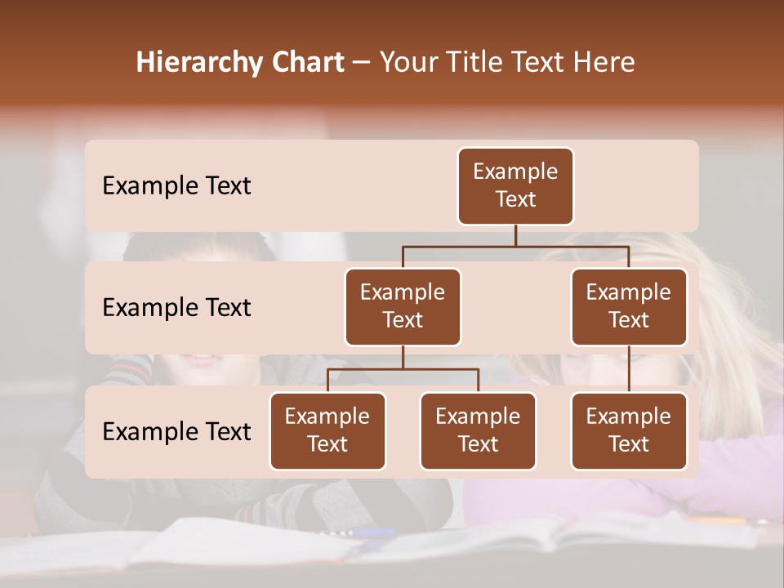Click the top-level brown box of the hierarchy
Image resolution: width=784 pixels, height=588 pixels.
pyautogui.click(x=515, y=186)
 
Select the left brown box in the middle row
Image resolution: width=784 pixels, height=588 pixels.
pyautogui.click(x=403, y=307)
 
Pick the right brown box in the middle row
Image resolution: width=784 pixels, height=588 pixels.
pyautogui.click(x=629, y=307)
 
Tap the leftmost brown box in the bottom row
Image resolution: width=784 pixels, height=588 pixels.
pyautogui.click(x=327, y=431)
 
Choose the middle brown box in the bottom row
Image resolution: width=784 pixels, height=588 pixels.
pyautogui.click(x=478, y=431)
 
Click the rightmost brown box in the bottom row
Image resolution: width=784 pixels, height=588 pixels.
pyautogui.click(x=629, y=431)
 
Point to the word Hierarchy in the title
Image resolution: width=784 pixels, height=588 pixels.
pyautogui.click(x=200, y=63)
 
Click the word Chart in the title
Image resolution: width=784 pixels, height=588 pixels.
pyautogui.click(x=308, y=62)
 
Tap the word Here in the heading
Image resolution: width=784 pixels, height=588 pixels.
pyautogui.click(x=604, y=62)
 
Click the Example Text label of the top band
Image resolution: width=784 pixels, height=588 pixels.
pyautogui.click(x=176, y=186)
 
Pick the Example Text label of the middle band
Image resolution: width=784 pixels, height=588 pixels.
pyautogui.click(x=176, y=308)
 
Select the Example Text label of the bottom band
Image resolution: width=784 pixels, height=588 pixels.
pyautogui.click(x=176, y=432)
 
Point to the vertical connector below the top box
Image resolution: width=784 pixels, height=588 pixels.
pyautogui.click(x=515, y=235)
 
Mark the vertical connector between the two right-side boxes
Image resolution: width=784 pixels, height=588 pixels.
pyautogui.click(x=629, y=369)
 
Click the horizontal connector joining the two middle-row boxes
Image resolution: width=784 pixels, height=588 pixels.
pyautogui.click(x=515, y=246)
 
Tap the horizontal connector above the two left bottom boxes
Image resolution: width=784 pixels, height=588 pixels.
pyautogui.click(x=403, y=369)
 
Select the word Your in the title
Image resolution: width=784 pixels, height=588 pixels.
pyautogui.click(x=408, y=62)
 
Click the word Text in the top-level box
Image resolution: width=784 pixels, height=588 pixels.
pyautogui.click(x=515, y=199)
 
